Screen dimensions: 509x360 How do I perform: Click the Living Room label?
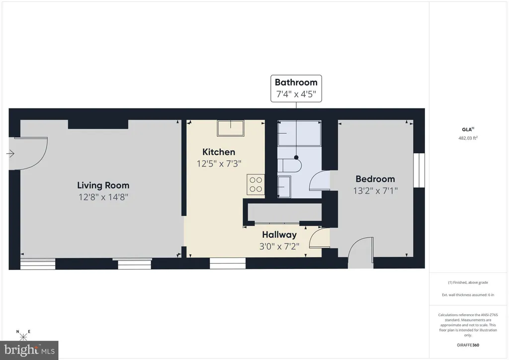click(x=103, y=185)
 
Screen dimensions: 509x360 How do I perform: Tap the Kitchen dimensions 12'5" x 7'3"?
click(x=219, y=164)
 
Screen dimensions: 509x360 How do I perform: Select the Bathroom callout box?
click(x=296, y=89)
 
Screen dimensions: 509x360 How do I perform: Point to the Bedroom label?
click(x=375, y=179)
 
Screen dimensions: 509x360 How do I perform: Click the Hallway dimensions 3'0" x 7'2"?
click(x=279, y=247)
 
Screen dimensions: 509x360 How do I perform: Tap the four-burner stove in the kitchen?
click(x=255, y=184)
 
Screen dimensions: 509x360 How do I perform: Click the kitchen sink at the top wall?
click(x=231, y=128)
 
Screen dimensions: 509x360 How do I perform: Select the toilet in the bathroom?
click(x=290, y=166)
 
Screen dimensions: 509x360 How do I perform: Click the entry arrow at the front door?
click(x=10, y=154)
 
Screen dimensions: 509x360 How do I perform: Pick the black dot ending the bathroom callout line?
click(x=296, y=158)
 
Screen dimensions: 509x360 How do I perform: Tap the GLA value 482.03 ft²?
click(x=468, y=138)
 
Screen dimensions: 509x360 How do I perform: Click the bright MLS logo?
click(x=29, y=350)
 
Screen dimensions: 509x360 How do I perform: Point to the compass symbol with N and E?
click(x=23, y=336)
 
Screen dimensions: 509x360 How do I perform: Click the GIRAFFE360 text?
click(x=468, y=345)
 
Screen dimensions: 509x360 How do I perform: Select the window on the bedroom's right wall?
click(x=419, y=171)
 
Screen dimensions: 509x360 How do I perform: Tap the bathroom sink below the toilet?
click(x=284, y=186)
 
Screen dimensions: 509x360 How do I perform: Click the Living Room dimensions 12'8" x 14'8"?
click(x=103, y=197)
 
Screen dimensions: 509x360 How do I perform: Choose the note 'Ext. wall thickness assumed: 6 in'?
click(x=468, y=295)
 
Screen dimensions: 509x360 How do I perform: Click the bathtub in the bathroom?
click(x=299, y=133)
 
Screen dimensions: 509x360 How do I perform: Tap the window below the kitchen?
click(x=228, y=263)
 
